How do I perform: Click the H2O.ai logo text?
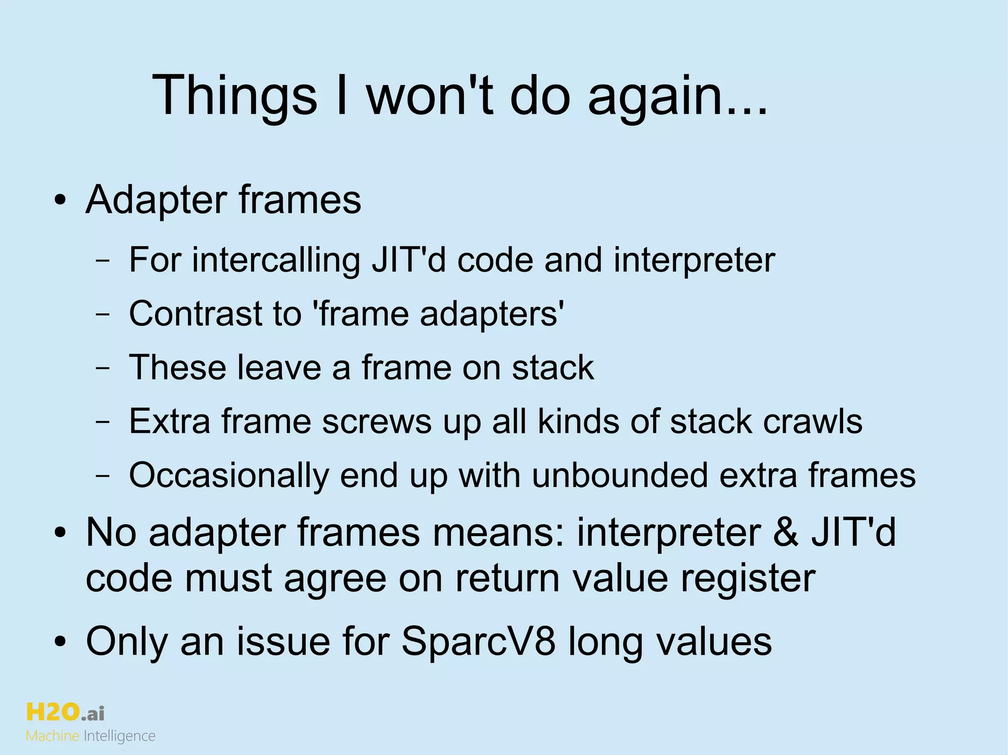point(64,713)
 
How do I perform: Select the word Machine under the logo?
point(52,736)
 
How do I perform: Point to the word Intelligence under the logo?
point(120,736)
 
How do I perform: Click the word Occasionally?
point(229,475)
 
